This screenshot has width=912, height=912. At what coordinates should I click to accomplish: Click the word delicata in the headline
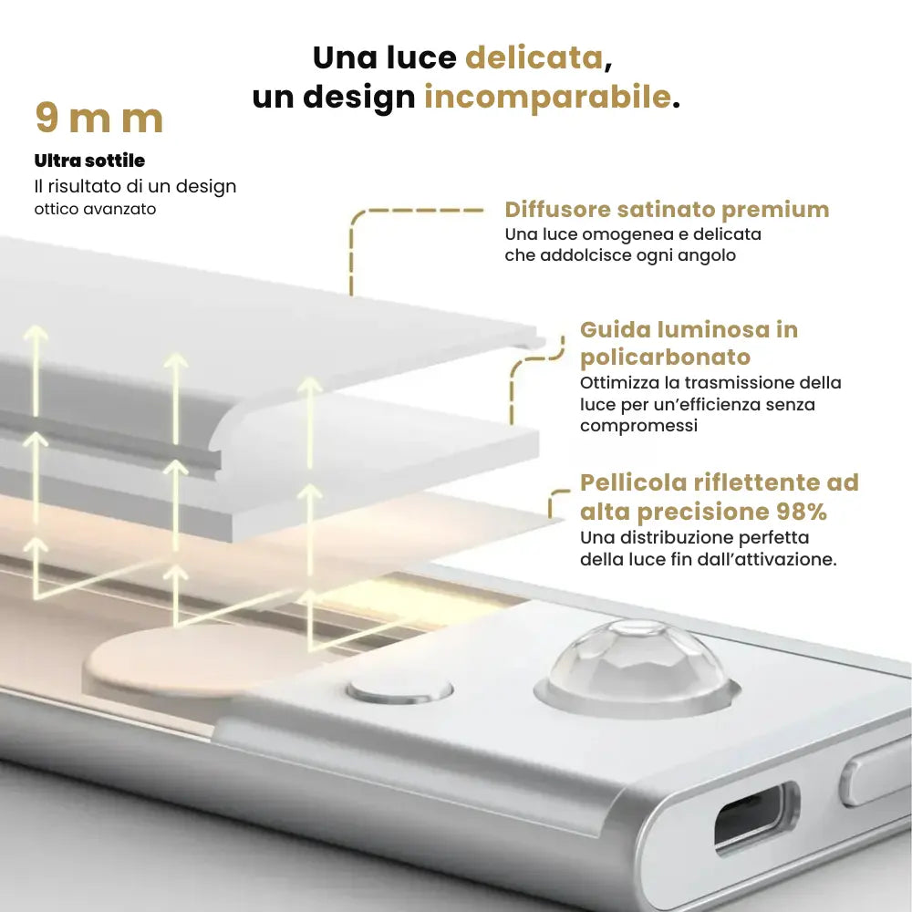click(x=534, y=57)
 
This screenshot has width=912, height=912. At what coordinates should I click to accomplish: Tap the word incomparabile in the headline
click(x=547, y=96)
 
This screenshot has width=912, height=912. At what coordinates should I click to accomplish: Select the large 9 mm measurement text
click(x=98, y=119)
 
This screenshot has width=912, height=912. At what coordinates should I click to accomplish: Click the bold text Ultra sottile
click(x=89, y=161)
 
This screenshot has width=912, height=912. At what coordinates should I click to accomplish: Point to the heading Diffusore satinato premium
click(x=667, y=210)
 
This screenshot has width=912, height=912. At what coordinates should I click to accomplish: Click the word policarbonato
click(x=666, y=357)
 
